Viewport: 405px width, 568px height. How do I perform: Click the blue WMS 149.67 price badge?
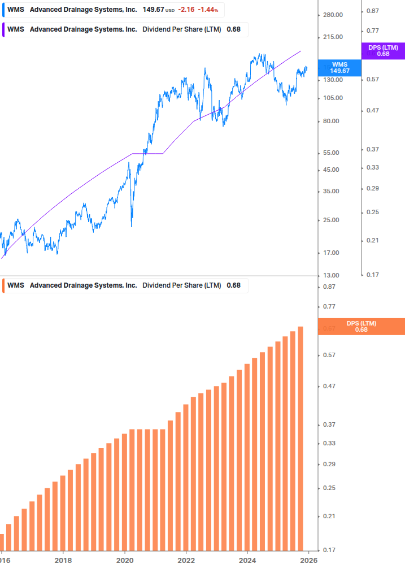click(340, 67)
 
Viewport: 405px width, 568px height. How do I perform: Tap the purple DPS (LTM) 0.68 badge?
click(383, 51)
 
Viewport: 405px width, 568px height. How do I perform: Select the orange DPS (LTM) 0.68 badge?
click(361, 326)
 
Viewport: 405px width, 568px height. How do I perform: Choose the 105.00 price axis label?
click(332, 98)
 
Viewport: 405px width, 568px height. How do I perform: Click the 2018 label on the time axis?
click(63, 561)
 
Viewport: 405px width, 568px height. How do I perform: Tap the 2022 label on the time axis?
click(186, 561)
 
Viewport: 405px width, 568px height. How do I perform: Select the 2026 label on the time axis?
click(308, 561)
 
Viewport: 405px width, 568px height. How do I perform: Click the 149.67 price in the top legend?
click(153, 10)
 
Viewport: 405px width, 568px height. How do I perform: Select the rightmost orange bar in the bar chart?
click(301, 438)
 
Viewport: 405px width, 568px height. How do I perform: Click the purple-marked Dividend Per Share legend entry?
click(124, 29)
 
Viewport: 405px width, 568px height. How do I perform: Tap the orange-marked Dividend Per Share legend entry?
click(124, 285)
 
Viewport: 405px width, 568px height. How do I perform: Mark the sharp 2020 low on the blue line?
click(132, 226)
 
